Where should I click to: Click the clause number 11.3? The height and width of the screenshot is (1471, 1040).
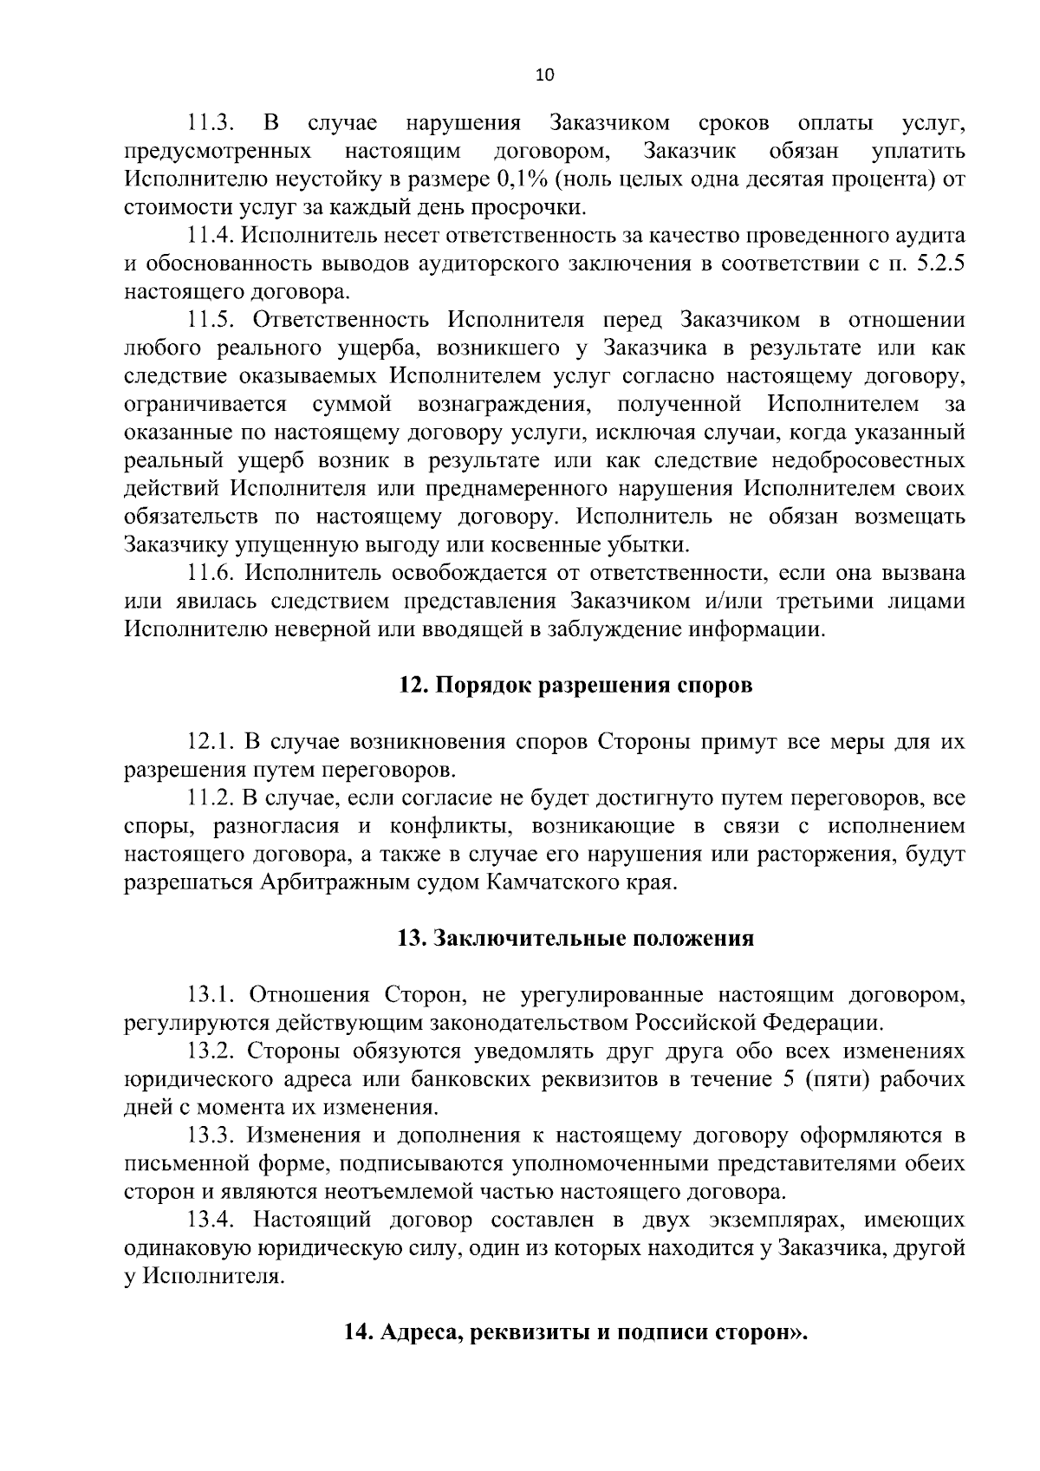(x=209, y=123)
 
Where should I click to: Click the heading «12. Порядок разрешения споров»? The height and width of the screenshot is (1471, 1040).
(x=575, y=686)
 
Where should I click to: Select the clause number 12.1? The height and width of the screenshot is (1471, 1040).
(x=212, y=742)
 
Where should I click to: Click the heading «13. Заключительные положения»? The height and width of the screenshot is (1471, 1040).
(x=575, y=939)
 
